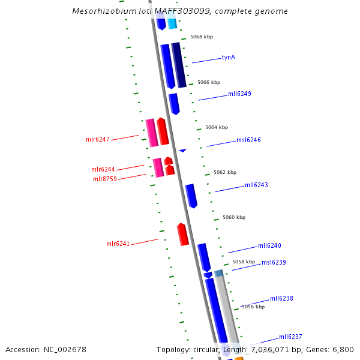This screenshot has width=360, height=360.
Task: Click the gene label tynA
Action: click(229, 58)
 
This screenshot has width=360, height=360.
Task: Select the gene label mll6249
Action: click(239, 94)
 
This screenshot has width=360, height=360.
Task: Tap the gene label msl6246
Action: click(248, 140)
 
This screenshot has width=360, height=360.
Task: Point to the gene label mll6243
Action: click(256, 185)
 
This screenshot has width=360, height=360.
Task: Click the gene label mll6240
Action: click(269, 246)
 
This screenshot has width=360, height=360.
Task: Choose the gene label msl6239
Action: click(274, 262)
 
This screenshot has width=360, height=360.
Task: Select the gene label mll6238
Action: click(281, 298)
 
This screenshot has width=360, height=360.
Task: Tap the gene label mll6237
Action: click(290, 337)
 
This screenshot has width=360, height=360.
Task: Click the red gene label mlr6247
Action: click(98, 140)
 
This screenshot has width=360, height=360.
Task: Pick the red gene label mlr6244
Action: click(103, 170)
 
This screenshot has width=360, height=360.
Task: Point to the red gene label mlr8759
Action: click(105, 179)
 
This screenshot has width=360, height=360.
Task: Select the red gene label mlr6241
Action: click(118, 244)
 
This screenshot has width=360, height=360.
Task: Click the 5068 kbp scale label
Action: click(202, 37)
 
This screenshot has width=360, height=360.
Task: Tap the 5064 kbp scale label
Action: click(217, 127)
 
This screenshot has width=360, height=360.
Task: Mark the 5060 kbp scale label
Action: click(234, 217)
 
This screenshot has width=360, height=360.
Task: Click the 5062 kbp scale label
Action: click(225, 172)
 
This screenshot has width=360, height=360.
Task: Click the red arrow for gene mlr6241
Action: click(183, 235)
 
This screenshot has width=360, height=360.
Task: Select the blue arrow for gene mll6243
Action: click(191, 196)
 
